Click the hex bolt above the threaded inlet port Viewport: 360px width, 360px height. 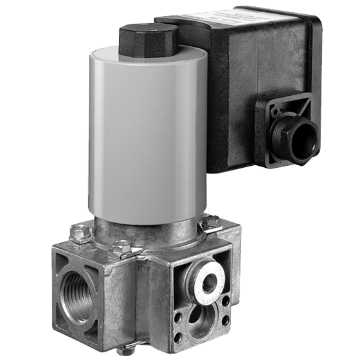point(79,233)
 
